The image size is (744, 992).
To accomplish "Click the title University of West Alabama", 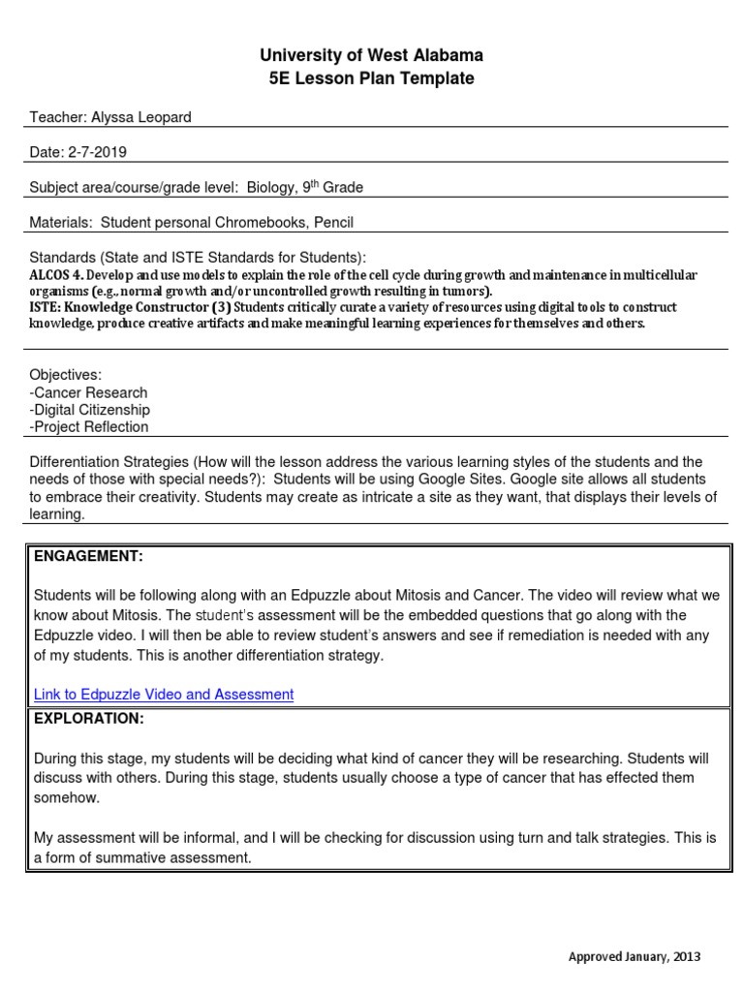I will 371,55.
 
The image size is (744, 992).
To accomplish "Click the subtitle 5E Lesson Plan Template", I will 371,78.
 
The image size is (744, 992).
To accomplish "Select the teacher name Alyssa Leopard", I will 141,117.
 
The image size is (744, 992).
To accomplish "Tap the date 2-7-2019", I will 97,152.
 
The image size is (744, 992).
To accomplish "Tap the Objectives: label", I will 66,375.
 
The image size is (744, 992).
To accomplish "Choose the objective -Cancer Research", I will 89,392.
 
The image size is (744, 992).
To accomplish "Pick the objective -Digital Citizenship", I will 90,410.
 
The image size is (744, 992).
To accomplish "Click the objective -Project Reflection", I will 89,427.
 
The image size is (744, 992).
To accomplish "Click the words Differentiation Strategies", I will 109,462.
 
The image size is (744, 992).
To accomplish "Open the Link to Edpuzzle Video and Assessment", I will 164,694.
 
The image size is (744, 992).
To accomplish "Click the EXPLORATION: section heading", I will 89,718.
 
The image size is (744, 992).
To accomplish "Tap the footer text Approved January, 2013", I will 634,956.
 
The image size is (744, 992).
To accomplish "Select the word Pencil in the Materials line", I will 332,222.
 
